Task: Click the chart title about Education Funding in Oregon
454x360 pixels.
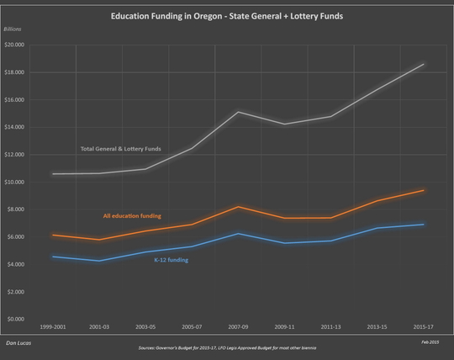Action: point(227,16)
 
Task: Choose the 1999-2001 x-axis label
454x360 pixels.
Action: point(52,326)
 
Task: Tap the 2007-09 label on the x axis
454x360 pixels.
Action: point(239,326)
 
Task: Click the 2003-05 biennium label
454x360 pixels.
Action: point(145,326)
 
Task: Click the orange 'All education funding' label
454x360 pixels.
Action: point(132,216)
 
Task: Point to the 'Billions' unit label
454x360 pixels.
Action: point(15,29)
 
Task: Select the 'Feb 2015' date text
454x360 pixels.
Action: point(430,343)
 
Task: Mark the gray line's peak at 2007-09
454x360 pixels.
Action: point(239,112)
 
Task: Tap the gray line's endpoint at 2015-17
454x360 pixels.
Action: point(424,64)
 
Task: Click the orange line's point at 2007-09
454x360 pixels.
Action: point(239,207)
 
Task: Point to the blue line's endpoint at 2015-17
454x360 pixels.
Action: point(424,225)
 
